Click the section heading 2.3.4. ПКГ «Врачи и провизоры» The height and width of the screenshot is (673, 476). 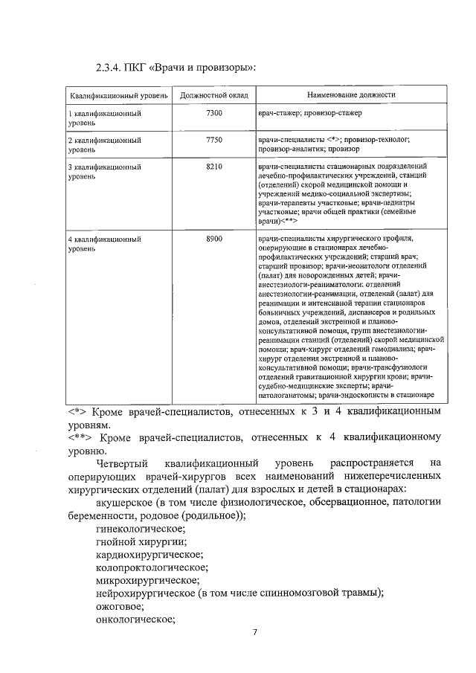pos(176,68)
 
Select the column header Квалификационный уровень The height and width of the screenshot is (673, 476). pos(114,96)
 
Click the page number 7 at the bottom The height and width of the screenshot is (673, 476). pos(254,633)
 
